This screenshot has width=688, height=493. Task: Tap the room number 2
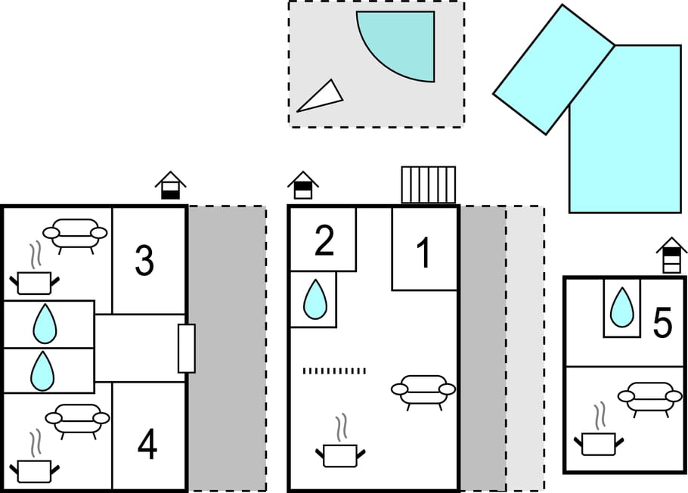tap(324, 240)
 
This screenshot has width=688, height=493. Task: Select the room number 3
tap(144, 261)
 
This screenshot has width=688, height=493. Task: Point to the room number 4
tap(147, 445)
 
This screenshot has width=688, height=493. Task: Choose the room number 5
tap(662, 323)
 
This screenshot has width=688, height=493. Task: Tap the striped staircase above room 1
tap(429, 184)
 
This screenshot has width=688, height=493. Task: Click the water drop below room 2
tap(315, 300)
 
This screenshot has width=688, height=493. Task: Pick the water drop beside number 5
tap(621, 307)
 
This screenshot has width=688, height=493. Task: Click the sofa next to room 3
tap(75, 235)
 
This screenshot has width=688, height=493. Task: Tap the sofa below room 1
tap(423, 392)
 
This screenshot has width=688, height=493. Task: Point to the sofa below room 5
tap(650, 398)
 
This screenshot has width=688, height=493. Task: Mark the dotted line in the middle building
tap(334, 371)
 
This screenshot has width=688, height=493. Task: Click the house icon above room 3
tap(170, 185)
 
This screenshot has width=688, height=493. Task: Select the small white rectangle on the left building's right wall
tap(187, 349)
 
